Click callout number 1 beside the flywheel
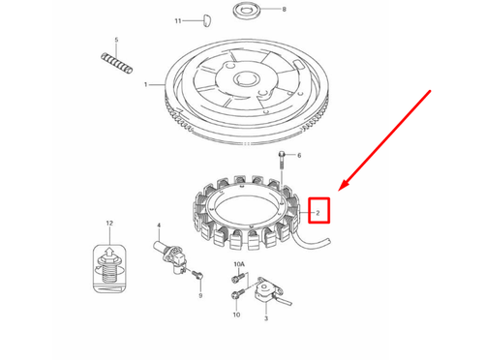click(x=146, y=85)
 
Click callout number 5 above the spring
click(x=116, y=40)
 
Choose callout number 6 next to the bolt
click(x=299, y=156)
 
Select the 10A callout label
click(x=239, y=264)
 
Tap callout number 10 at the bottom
click(x=236, y=315)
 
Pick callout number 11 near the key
click(x=178, y=19)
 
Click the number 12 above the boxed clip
click(x=109, y=224)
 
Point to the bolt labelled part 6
click(x=281, y=159)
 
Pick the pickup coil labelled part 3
click(x=262, y=294)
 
